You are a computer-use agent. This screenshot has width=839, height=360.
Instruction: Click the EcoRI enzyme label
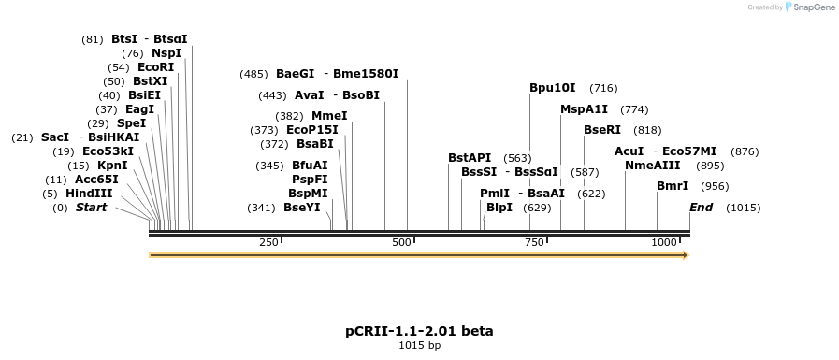click(155, 67)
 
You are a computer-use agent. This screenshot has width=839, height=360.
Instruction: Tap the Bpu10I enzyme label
click(553, 88)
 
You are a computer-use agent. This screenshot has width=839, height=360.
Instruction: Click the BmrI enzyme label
click(673, 186)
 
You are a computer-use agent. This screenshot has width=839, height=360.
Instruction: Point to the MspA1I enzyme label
click(584, 109)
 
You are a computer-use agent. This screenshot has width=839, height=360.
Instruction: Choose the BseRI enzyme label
click(602, 130)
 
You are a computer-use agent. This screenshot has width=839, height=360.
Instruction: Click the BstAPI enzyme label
click(470, 158)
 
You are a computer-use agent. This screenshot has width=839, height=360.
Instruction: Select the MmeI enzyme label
click(329, 116)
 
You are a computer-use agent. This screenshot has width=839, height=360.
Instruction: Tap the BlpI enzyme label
click(499, 208)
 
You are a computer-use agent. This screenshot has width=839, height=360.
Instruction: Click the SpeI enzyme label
click(131, 123)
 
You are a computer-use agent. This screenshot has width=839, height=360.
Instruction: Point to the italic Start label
click(91, 208)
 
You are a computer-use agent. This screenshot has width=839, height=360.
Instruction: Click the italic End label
click(701, 208)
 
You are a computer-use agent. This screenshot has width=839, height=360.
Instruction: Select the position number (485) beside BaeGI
click(253, 74)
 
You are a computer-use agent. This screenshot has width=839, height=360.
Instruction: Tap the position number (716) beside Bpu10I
click(603, 88)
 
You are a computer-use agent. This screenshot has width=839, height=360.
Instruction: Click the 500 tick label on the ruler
click(401, 242)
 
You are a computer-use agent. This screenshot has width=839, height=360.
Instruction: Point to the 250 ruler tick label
click(268, 242)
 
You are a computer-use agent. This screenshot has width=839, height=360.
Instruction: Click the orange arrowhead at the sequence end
click(685, 254)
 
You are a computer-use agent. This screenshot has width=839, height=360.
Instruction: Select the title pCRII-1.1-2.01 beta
click(419, 331)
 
